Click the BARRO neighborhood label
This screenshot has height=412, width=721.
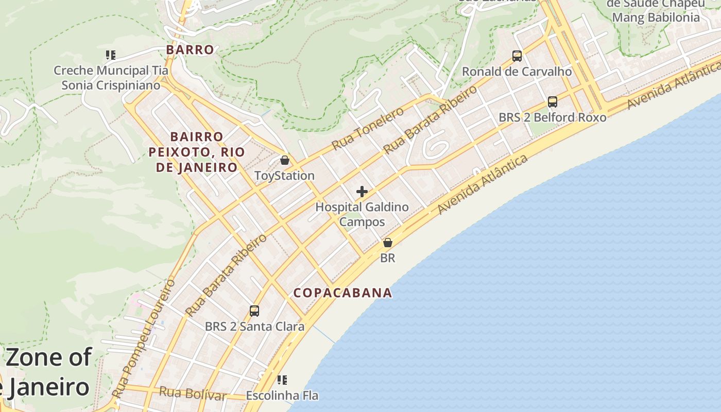(x=190, y=50)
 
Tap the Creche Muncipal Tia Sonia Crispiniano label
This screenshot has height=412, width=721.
(x=111, y=78)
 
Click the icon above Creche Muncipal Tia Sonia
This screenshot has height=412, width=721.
(x=110, y=55)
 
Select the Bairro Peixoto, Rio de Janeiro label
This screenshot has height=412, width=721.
(x=197, y=152)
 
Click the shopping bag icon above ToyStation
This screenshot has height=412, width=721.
(x=285, y=160)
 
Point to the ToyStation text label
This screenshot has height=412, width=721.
(x=284, y=176)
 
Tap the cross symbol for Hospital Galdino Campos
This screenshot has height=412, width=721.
(x=362, y=192)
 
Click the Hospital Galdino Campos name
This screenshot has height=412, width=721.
(x=362, y=214)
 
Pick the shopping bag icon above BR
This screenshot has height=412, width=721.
(x=388, y=243)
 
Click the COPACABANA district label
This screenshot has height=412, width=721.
(x=342, y=293)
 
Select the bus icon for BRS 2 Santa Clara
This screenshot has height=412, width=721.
(x=254, y=311)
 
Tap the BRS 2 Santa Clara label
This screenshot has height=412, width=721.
(x=254, y=327)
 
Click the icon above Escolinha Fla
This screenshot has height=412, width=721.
(x=282, y=380)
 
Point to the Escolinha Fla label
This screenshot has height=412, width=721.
(x=282, y=396)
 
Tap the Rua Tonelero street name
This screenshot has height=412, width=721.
(x=368, y=129)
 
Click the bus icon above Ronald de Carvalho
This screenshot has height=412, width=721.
(x=517, y=56)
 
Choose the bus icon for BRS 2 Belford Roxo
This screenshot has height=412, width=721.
(x=553, y=102)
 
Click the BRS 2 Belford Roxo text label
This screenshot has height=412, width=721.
(x=553, y=117)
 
